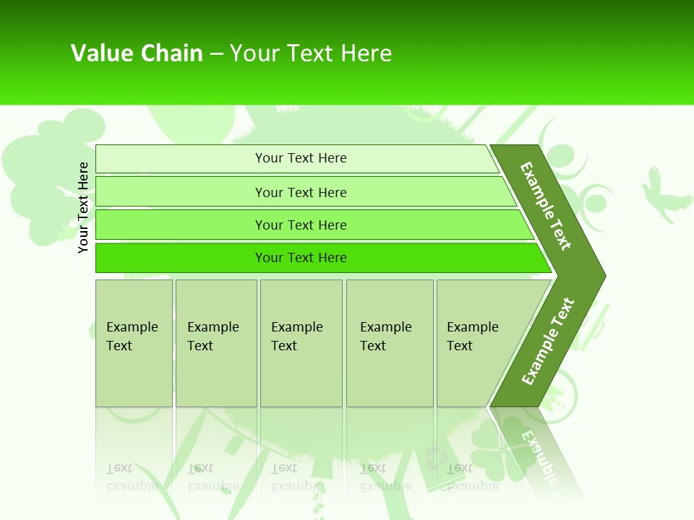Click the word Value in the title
click(100, 53)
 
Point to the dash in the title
click(216, 53)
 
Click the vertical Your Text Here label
click(83, 208)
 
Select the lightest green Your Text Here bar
click(301, 158)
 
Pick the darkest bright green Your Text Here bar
click(301, 258)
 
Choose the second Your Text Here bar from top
click(301, 192)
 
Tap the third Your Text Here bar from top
click(301, 225)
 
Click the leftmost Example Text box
click(134, 343)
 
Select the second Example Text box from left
click(216, 343)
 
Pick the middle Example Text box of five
click(301, 343)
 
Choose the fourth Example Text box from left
click(389, 343)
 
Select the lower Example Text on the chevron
click(547, 342)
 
